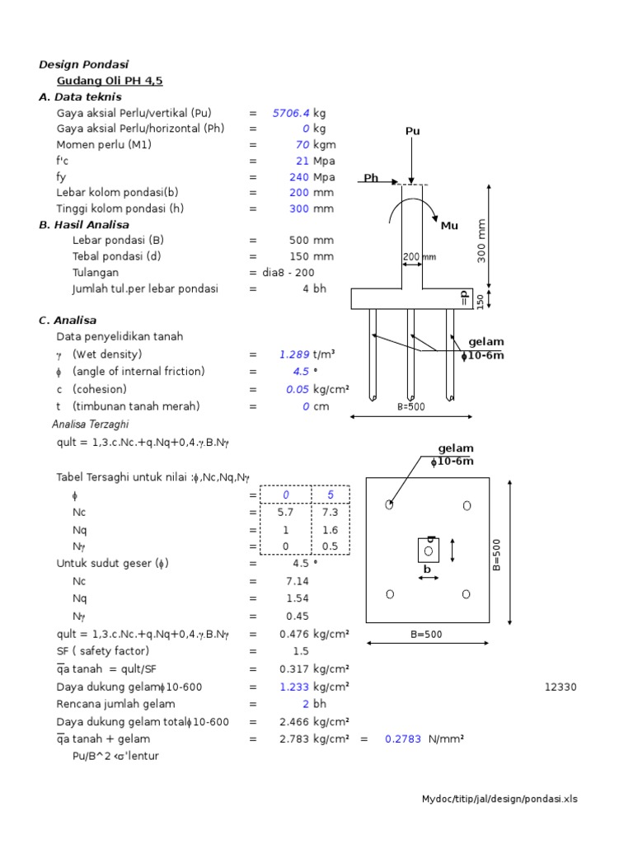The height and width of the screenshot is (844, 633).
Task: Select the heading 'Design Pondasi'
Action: click(x=84, y=64)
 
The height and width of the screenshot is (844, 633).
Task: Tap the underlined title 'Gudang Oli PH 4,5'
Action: click(x=110, y=81)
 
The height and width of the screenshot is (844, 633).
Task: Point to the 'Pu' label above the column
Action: click(x=412, y=131)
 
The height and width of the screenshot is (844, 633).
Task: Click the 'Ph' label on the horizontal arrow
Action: click(x=371, y=178)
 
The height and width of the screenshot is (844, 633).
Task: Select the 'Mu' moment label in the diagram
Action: click(x=449, y=225)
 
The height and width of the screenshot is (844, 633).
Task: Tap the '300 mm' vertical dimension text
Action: click(x=482, y=241)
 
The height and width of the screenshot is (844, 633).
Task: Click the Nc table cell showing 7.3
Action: click(x=331, y=512)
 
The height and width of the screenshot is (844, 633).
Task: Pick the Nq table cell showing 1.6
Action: click(x=331, y=529)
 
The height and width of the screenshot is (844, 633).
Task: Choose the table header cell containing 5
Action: click(x=331, y=495)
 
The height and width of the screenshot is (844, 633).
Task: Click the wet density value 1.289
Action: click(x=294, y=354)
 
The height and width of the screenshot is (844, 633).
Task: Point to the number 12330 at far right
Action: click(x=560, y=687)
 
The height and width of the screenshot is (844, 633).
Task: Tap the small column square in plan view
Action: click(x=428, y=549)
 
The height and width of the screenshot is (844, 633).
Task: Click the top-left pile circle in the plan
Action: click(x=389, y=505)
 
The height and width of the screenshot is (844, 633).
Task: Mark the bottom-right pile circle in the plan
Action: click(x=467, y=593)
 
